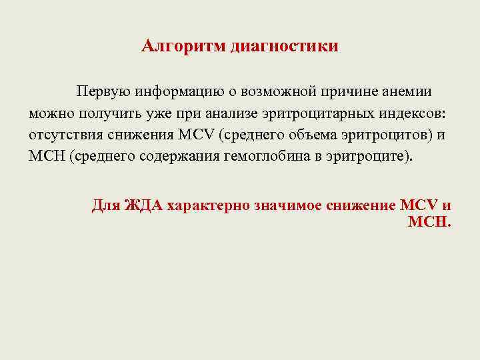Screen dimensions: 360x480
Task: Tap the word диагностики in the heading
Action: (284, 47)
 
